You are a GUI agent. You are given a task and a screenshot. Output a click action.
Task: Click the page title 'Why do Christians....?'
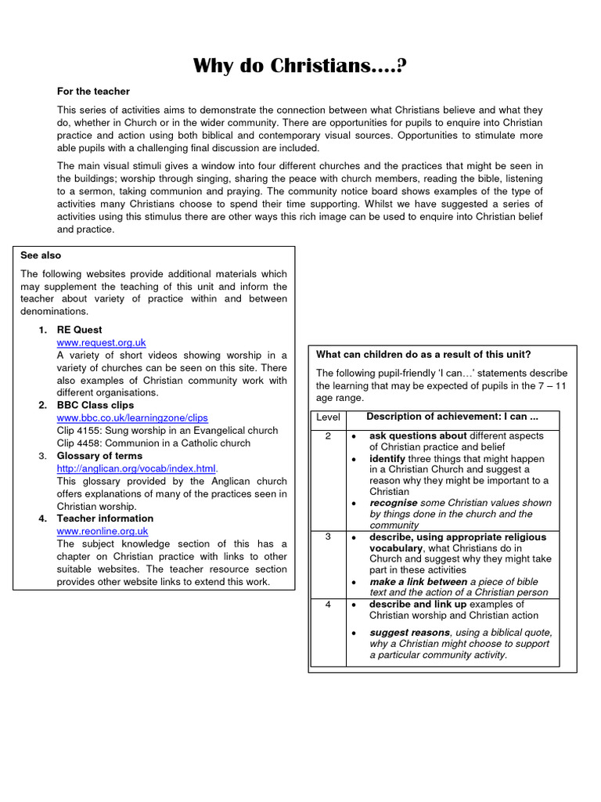300,66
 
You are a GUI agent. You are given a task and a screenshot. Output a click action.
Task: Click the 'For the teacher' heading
93,92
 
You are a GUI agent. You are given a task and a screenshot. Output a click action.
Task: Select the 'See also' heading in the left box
41,255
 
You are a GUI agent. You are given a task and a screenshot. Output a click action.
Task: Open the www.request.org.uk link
101,343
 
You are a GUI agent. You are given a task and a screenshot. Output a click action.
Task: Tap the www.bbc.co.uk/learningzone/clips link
132,418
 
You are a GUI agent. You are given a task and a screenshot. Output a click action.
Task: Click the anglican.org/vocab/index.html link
136,468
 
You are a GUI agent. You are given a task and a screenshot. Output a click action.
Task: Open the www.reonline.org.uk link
103,531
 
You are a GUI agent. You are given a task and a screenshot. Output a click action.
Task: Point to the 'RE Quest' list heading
79,330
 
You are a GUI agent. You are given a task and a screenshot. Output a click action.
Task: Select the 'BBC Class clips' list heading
95,405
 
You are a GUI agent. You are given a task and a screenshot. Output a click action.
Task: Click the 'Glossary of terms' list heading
99,456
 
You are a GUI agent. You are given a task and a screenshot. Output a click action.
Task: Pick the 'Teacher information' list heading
105,518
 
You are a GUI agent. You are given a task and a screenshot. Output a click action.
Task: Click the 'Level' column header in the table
328,417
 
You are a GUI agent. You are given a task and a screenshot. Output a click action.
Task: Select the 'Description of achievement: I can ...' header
452,417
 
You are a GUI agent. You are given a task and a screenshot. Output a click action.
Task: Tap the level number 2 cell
328,436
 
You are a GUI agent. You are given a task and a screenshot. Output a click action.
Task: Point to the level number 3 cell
328,537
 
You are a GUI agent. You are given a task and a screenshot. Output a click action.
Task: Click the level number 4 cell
328,605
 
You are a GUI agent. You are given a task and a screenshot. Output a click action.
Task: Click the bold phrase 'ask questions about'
418,436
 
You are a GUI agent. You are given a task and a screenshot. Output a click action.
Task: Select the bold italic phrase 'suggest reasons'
409,633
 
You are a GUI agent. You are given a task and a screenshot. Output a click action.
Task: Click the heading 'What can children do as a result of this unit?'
423,355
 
